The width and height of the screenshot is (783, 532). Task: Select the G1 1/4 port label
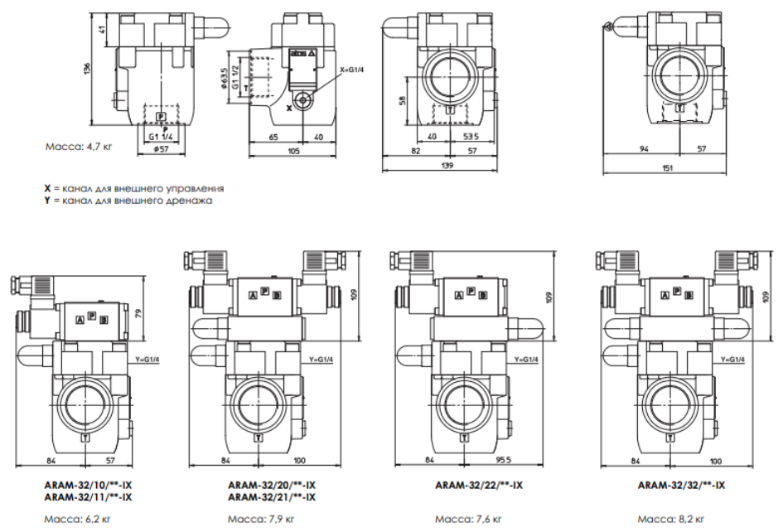point(161,137)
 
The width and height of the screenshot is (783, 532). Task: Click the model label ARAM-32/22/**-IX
point(477,486)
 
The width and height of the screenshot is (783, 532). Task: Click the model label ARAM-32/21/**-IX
point(272,497)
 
